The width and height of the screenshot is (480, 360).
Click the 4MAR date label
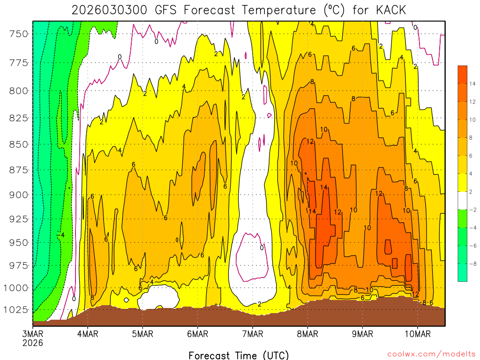tap(87, 334)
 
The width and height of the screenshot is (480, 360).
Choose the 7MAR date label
tap(253, 334)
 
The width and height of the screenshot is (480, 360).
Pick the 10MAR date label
tap(418, 334)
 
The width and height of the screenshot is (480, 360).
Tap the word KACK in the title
tap(388, 10)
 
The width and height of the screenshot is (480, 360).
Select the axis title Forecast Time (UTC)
tap(239, 355)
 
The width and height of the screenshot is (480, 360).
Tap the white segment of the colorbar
tap(463, 200)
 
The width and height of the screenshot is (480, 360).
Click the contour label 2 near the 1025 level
tap(259, 304)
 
